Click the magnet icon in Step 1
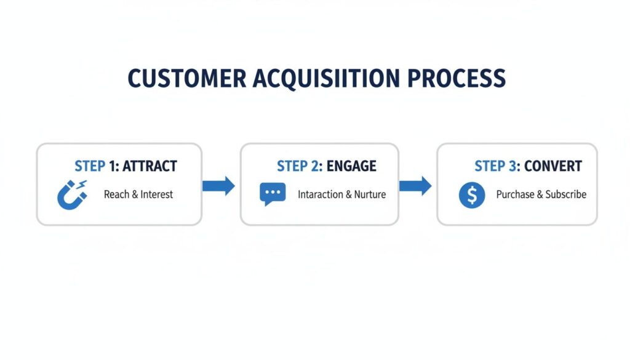71,194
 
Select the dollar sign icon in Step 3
472,195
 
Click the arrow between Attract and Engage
219,185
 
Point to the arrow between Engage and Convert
416,185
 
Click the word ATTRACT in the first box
150,166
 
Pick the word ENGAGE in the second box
351,166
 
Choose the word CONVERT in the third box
553,166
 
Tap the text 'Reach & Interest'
138,194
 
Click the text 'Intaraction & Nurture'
341,194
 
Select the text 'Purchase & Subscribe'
541,194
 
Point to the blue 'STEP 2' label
300,166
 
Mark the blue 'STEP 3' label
498,166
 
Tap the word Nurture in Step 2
370,194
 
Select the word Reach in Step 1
116,194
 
